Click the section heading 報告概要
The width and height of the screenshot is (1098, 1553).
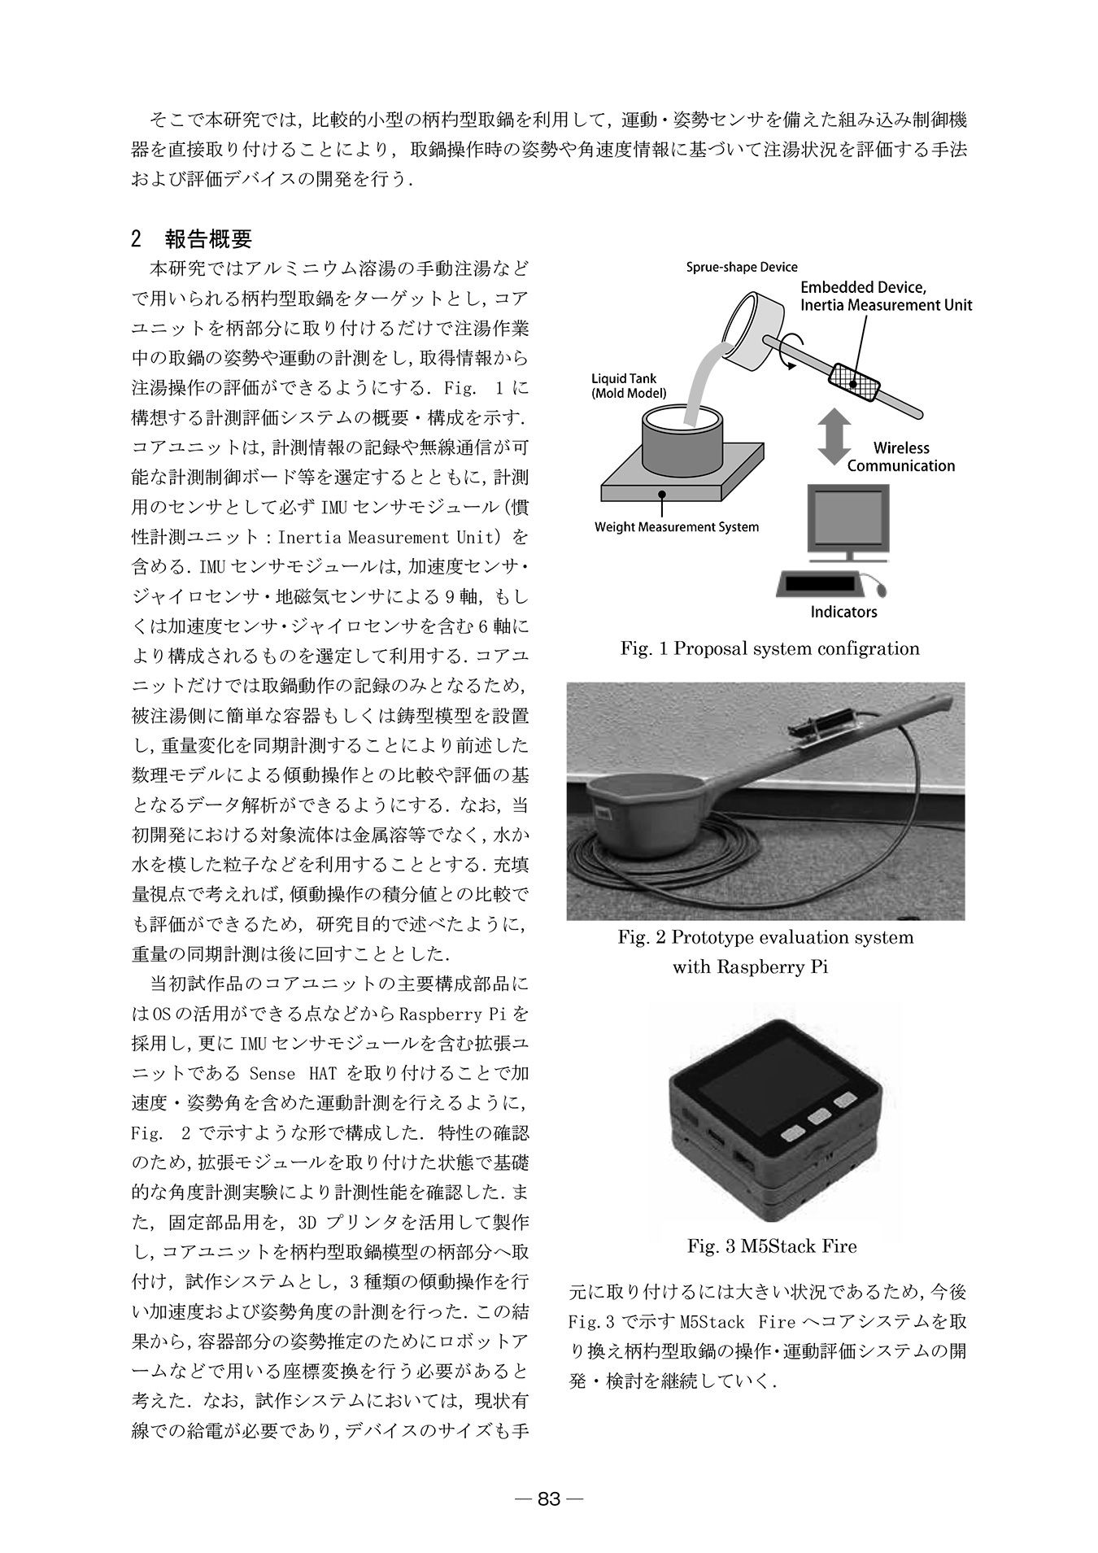[208, 239]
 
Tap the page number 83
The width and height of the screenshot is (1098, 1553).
[549, 1498]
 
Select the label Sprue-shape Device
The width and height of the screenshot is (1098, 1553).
[742, 267]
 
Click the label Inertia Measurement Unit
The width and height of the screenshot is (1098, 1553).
[886, 306]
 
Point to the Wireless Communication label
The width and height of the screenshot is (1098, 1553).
[901, 457]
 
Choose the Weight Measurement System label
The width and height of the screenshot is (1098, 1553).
[676, 527]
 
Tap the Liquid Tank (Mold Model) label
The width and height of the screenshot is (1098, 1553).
[629, 386]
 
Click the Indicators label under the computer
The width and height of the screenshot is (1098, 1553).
[843, 612]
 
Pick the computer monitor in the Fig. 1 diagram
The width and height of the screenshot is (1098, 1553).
[847, 521]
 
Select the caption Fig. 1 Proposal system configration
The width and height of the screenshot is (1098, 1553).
[769, 649]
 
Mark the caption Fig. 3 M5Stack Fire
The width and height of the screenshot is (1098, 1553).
[772, 1246]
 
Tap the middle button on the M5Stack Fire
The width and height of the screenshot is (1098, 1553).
[817, 1116]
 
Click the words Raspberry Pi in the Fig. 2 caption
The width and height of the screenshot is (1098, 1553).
[750, 968]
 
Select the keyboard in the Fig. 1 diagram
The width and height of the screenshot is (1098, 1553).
[820, 584]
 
